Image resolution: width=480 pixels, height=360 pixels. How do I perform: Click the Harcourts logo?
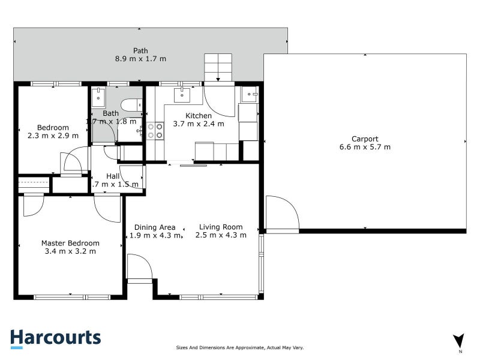coord(55,338)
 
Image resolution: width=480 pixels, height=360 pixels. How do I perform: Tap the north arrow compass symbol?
coord(459,340)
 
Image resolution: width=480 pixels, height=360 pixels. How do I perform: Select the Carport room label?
coord(364,139)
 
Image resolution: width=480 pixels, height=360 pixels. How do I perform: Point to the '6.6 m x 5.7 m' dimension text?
coord(364,147)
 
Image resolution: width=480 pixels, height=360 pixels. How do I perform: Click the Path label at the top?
coord(140,50)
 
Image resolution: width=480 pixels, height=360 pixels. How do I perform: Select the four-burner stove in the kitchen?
coord(154,131)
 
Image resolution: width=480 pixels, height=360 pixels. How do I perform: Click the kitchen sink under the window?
coord(181,95)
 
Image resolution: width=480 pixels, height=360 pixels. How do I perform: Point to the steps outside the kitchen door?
coord(218,67)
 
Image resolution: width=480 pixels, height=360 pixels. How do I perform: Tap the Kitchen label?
coord(198,116)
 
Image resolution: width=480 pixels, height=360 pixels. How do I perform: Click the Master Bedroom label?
coord(70,243)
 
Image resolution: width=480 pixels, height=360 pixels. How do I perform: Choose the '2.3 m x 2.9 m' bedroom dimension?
coord(53,136)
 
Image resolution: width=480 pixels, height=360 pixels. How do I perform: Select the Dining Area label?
coord(155,227)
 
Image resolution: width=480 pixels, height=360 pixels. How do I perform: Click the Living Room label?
coord(221,227)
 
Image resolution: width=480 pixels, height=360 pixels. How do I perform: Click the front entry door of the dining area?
coord(139,268)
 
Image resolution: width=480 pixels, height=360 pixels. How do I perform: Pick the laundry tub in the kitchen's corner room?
coord(250,94)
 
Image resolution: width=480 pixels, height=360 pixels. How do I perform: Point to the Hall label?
coord(113,176)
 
